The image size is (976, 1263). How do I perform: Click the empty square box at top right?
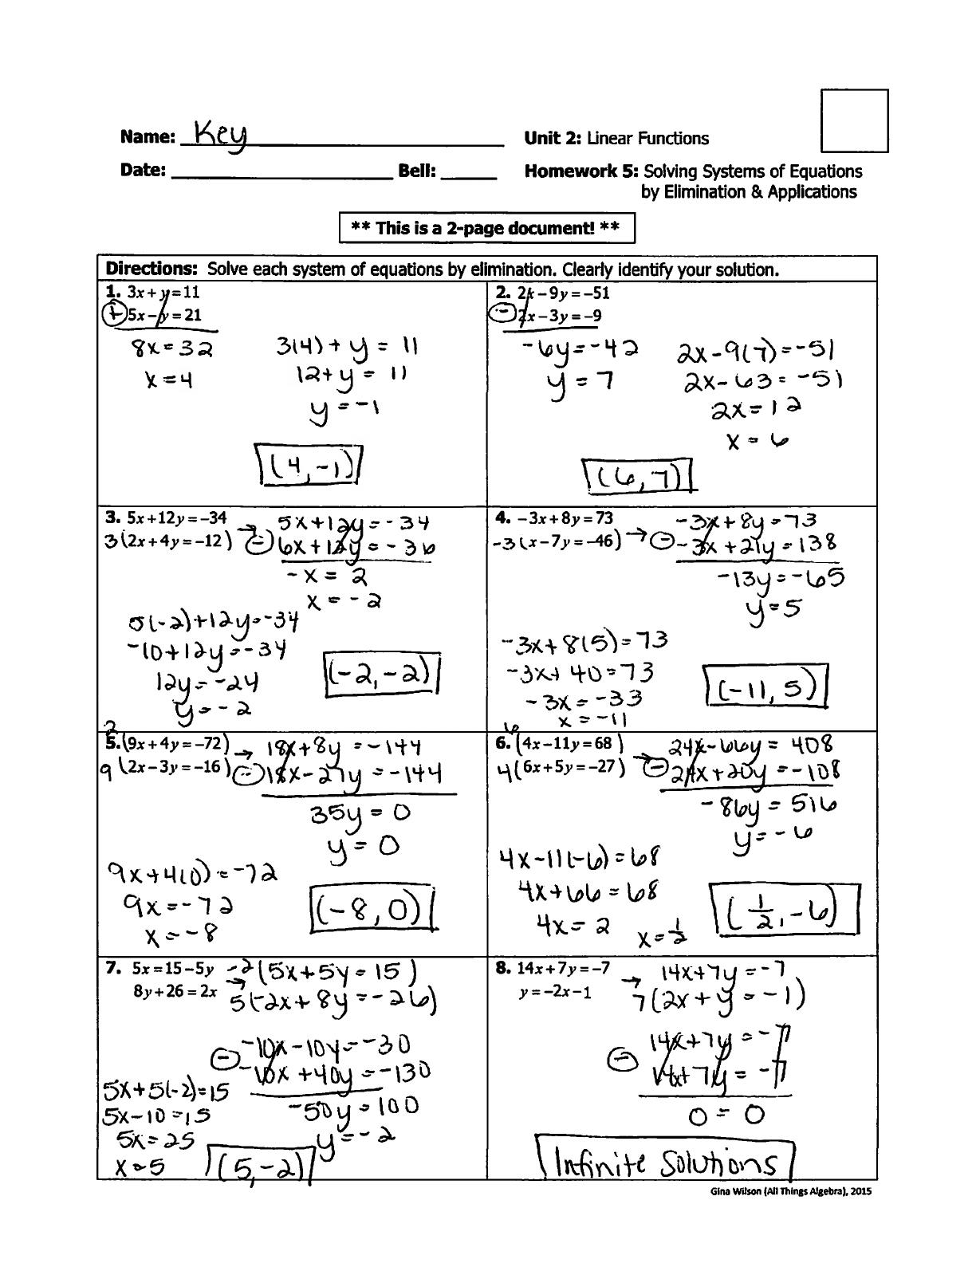854,120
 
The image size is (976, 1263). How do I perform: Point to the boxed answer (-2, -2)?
382,675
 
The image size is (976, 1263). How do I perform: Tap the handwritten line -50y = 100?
353,1108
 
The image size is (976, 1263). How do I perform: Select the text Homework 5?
581,171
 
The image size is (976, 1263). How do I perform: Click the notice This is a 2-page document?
486,228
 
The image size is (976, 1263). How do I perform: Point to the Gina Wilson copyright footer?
791,1191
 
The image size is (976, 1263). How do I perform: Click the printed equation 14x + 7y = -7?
563,969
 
